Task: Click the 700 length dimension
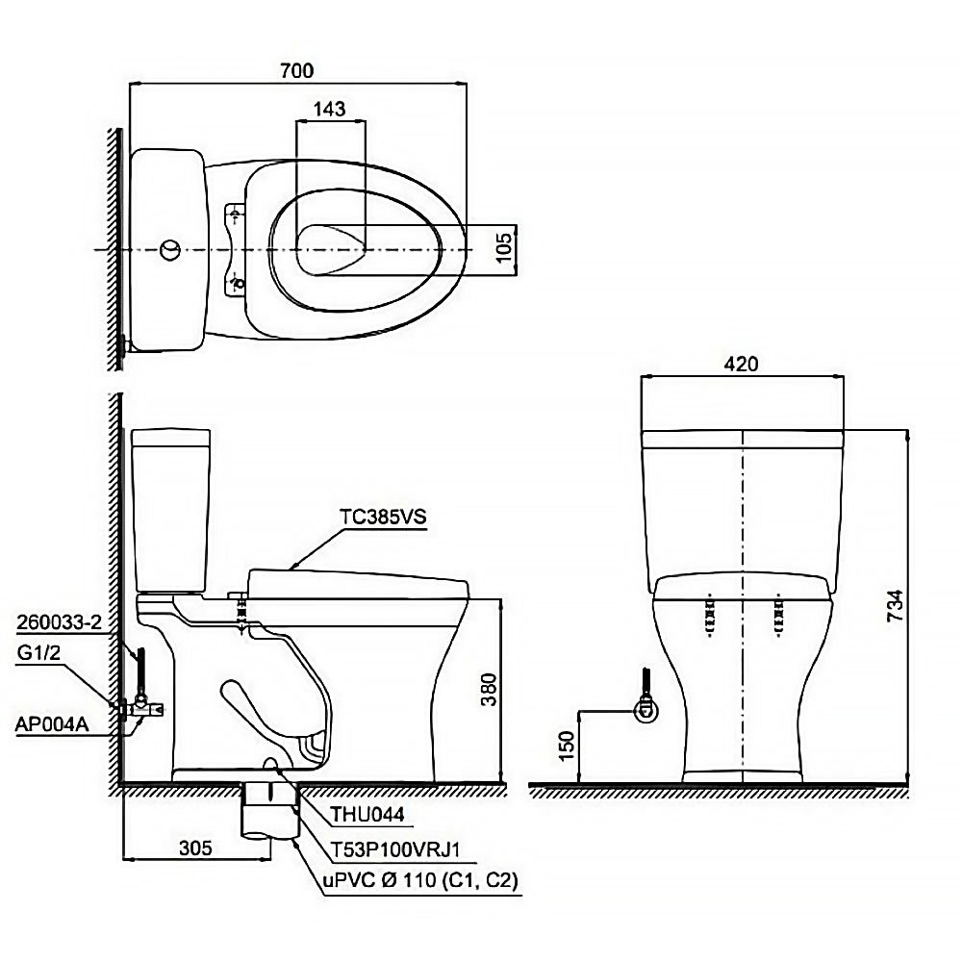[297, 71]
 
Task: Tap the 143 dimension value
[329, 110]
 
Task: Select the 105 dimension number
[503, 248]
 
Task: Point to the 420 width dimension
[741, 364]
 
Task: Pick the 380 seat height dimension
[489, 690]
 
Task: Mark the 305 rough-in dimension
[195, 848]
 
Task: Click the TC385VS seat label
[384, 518]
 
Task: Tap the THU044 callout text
[367, 814]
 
